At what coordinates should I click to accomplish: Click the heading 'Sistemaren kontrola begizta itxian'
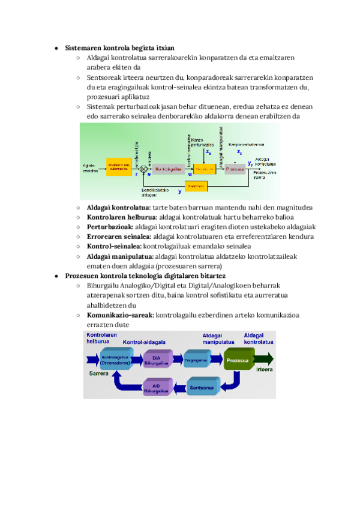pyautogui.click(x=119, y=47)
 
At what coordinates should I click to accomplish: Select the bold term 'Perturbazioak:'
pyautogui.click(x=110, y=227)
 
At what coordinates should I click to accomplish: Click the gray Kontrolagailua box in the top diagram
pyautogui.click(x=169, y=169)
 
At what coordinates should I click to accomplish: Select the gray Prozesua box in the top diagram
pyautogui.click(x=235, y=169)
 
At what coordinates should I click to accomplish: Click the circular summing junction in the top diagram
pyautogui.click(x=143, y=169)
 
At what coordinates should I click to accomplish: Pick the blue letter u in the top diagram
pyautogui.click(x=190, y=175)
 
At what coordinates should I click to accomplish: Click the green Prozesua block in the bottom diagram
pyautogui.click(x=240, y=361)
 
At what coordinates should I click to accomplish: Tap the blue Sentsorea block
pyautogui.click(x=203, y=387)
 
